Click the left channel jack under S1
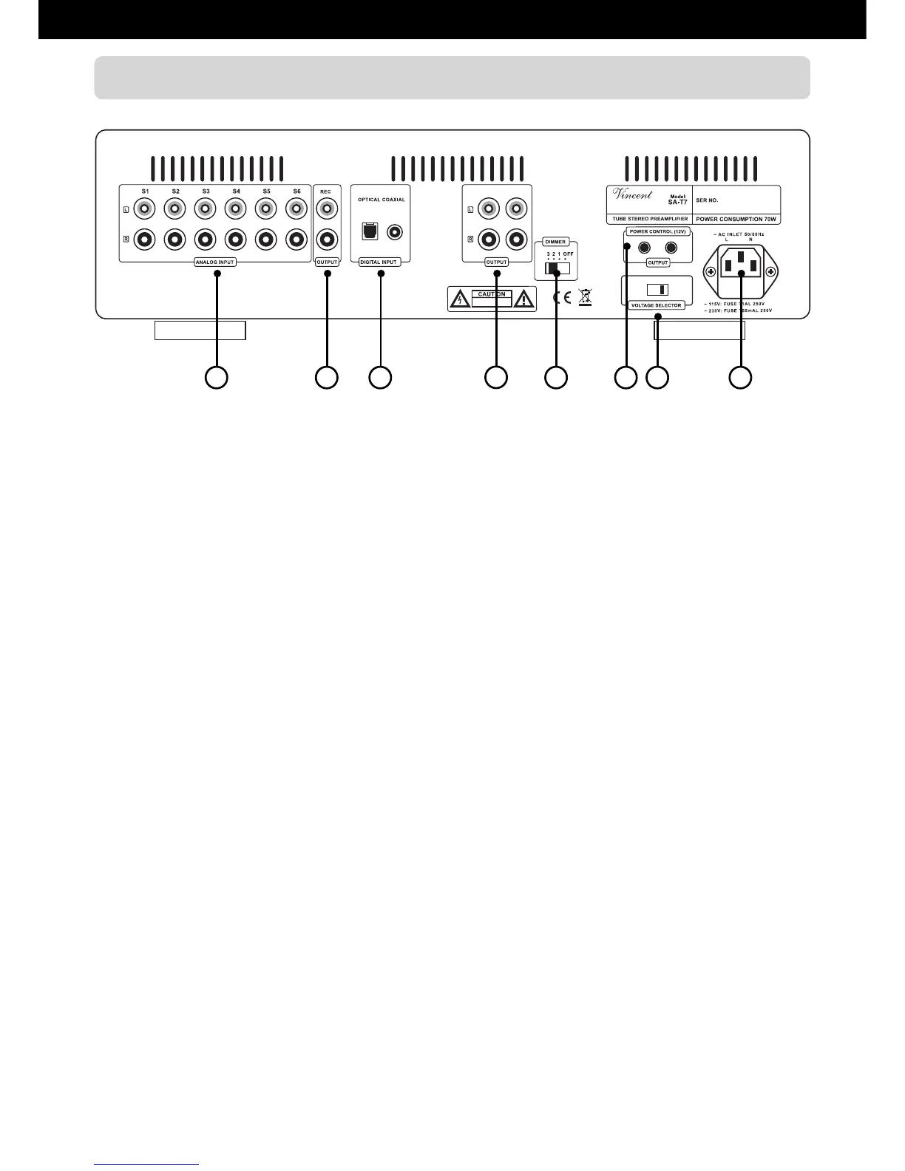tap(145, 209)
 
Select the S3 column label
tap(206, 191)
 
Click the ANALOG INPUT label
tap(215, 262)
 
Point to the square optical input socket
tap(368, 231)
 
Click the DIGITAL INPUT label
tap(379, 262)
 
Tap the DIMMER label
tap(555, 242)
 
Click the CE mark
tap(562, 299)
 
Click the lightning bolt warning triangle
tap(459, 299)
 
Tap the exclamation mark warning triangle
tap(523, 299)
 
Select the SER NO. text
tap(708, 200)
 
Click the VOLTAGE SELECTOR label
tap(657, 305)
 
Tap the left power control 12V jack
tap(644, 248)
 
